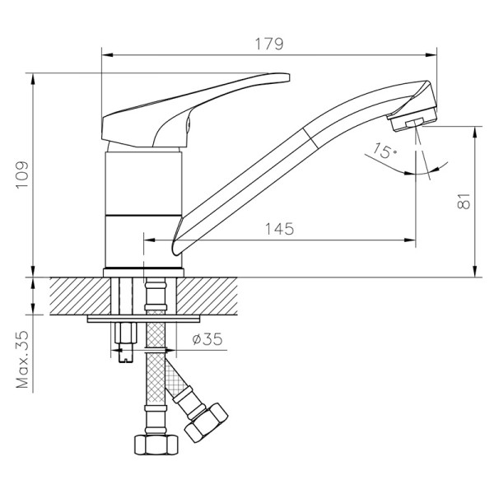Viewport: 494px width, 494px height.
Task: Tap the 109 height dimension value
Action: pos(22,175)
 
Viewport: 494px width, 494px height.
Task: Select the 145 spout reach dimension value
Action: pos(279,229)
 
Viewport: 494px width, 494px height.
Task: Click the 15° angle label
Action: pos(381,151)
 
